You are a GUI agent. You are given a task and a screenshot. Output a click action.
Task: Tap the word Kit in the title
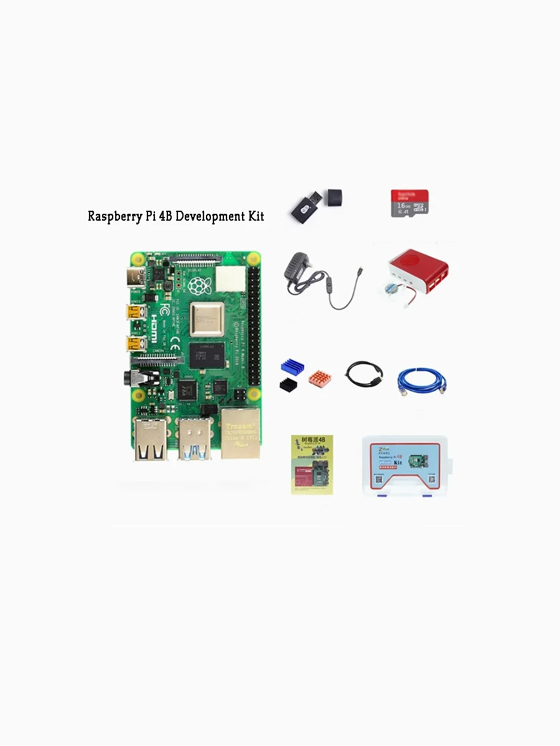coord(254,216)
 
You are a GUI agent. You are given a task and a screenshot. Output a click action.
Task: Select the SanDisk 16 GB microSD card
coord(409,203)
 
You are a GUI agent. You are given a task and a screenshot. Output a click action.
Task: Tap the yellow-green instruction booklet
coord(311,464)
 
